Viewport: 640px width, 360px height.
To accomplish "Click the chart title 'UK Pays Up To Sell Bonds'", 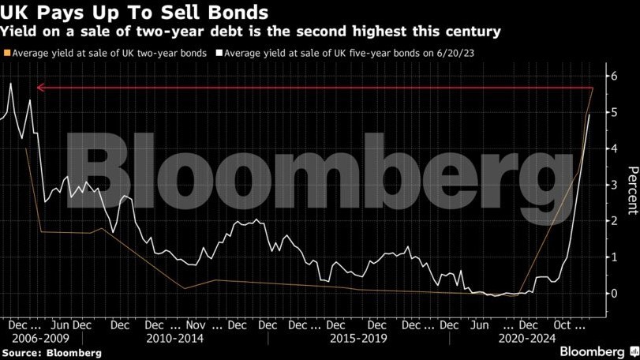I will [x=134, y=13].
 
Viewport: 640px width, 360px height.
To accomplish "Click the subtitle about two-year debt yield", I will [x=250, y=32].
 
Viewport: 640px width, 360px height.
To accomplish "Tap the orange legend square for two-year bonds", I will [x=7, y=54].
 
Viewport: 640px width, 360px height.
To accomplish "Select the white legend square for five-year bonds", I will [x=219, y=54].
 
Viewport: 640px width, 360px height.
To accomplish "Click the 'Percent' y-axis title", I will [x=631, y=190].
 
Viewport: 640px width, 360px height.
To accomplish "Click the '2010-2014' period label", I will [x=175, y=338].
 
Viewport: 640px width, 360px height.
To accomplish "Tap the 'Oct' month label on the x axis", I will [x=562, y=324].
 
